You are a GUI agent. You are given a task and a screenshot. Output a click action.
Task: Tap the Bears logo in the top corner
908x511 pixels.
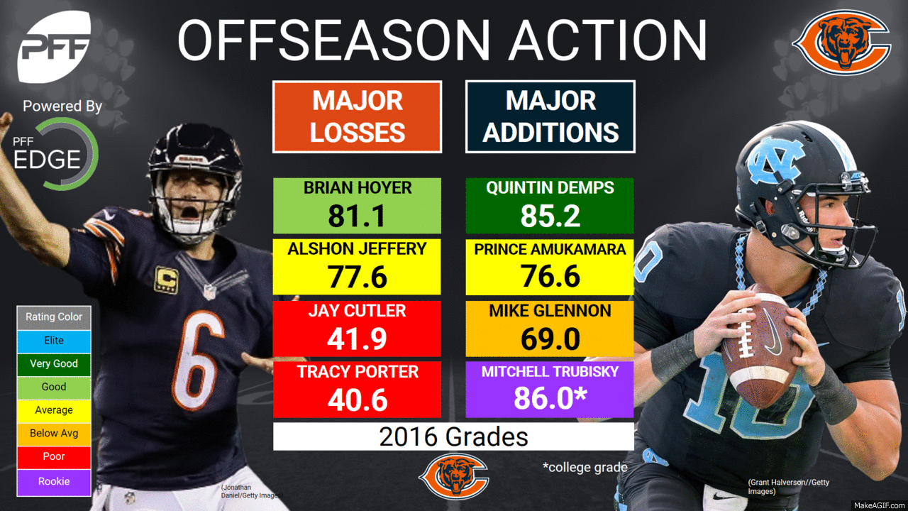[x=841, y=43]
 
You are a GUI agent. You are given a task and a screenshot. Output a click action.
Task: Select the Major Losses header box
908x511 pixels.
[x=358, y=116]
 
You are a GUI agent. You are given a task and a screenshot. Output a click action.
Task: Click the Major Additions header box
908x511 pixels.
[x=550, y=116]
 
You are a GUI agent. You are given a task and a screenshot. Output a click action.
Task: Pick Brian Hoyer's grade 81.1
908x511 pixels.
[x=358, y=215]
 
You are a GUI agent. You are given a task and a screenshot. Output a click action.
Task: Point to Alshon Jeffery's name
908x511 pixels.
[x=358, y=249]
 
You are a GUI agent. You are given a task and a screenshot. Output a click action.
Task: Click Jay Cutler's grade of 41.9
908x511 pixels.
[x=358, y=339]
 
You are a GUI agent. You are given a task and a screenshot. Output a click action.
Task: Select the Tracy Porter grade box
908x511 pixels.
[x=358, y=390]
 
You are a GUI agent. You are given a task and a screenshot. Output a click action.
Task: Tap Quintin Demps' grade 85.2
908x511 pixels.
[x=550, y=215]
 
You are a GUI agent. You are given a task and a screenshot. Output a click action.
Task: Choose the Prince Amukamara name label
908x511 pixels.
[x=550, y=249]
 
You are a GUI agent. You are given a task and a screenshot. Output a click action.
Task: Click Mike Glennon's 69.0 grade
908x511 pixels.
[x=550, y=339]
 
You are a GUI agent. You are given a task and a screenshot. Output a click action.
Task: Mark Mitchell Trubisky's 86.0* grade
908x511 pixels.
[x=550, y=398]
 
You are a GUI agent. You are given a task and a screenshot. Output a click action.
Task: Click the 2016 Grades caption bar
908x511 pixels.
[x=453, y=436]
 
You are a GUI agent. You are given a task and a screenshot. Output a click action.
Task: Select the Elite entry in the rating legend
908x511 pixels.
[x=54, y=341]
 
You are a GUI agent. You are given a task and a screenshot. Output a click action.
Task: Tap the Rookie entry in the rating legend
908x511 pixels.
[x=54, y=481]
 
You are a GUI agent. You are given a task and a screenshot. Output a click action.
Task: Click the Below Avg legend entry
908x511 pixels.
[x=54, y=433]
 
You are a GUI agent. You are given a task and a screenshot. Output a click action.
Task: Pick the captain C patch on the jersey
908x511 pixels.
[x=166, y=279]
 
